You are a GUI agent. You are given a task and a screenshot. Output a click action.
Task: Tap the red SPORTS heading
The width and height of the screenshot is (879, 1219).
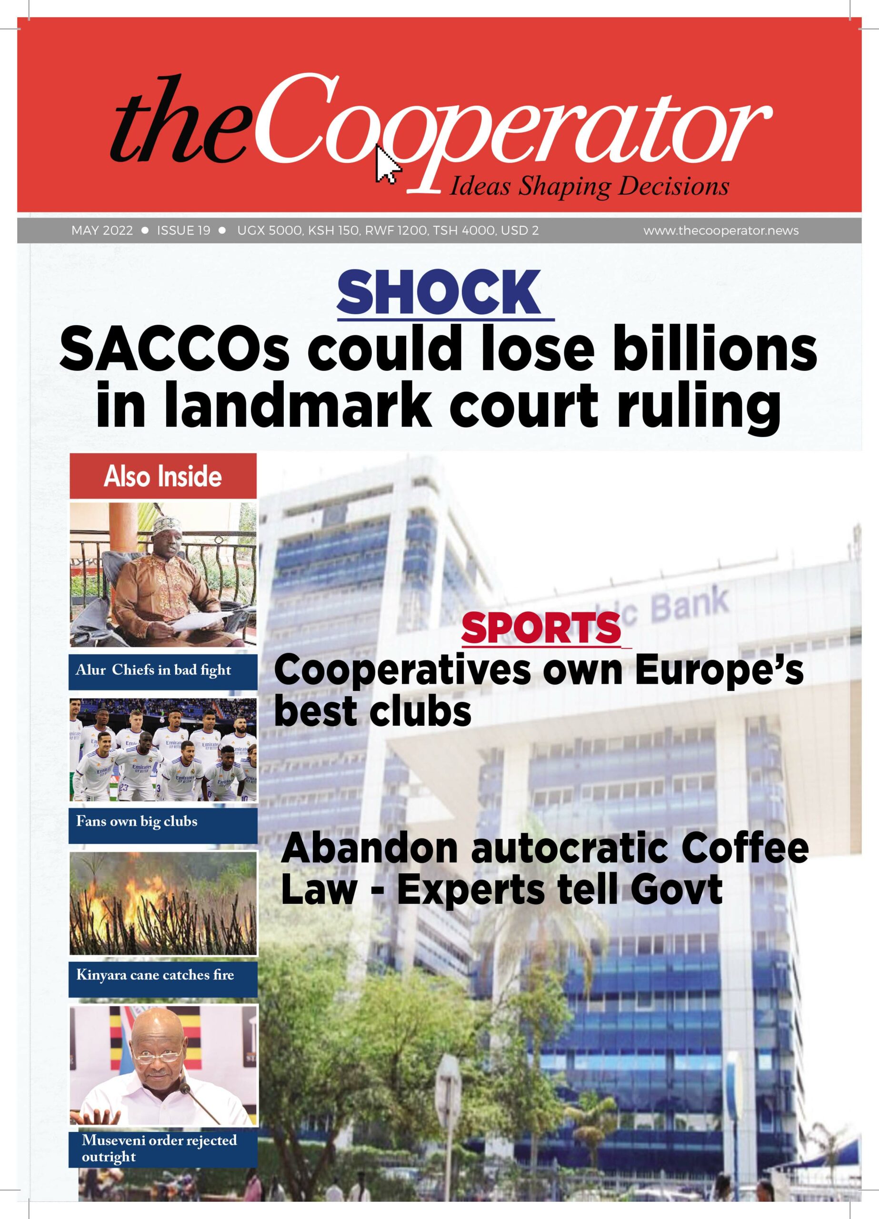click(541, 629)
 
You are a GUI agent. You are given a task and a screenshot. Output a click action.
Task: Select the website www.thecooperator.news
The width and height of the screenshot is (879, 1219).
click(720, 231)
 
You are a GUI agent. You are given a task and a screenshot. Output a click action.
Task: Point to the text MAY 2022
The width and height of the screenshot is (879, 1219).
click(102, 231)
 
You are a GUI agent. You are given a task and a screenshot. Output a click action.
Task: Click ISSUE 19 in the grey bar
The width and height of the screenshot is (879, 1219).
click(183, 231)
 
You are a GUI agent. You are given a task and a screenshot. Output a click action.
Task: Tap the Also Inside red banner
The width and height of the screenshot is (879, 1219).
click(163, 476)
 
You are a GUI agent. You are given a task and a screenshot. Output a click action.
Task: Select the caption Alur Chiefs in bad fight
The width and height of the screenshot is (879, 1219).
click(153, 670)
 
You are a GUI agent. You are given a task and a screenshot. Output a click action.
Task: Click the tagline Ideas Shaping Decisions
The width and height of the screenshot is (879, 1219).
click(588, 187)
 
